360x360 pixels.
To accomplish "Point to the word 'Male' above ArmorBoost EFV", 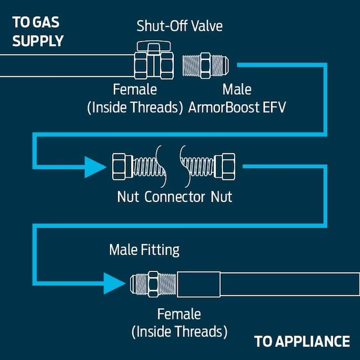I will (237, 89).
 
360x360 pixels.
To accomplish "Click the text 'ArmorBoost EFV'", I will (237, 107).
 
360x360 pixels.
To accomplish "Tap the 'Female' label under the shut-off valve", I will (135, 89).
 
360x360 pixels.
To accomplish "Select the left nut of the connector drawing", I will (121, 166).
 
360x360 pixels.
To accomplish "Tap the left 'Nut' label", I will (128, 197).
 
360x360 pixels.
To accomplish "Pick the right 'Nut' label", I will (221, 197).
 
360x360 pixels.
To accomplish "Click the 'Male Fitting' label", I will (144, 249).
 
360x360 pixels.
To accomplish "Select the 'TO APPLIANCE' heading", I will (301, 341).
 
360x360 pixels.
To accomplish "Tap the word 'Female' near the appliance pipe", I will (179, 314).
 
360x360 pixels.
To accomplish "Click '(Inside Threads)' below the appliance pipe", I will (179, 332).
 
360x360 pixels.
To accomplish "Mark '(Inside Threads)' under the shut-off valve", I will (135, 107).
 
